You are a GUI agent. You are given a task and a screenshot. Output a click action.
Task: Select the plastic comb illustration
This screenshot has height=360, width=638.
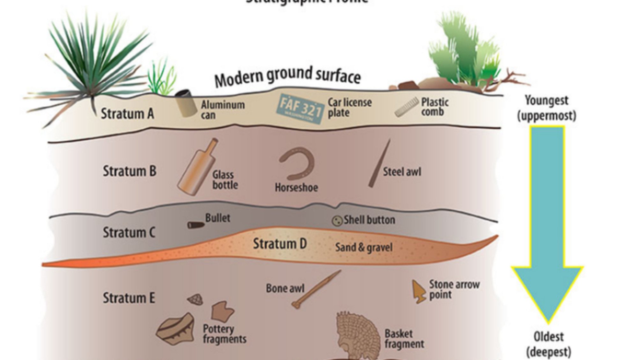pos(406,107)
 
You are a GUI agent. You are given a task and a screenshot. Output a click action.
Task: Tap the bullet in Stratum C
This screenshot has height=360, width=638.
pos(196,225)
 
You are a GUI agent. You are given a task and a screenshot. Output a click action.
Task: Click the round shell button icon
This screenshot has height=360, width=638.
pos(337,221)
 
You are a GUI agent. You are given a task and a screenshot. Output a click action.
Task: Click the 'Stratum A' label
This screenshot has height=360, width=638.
pos(127,114)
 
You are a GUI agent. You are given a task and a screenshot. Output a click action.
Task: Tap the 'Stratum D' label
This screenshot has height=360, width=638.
pos(280,244)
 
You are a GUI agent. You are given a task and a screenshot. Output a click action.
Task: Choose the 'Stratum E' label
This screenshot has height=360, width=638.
pos(129,298)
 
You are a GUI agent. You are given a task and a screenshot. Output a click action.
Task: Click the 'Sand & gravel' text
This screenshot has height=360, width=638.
pos(364,247)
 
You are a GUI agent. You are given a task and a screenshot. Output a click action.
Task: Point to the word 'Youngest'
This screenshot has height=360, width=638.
pos(546,101)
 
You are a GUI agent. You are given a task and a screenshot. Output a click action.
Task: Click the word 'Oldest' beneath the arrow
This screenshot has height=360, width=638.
pos(549,337)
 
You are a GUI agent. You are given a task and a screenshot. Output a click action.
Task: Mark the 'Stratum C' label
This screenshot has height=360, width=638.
pos(129,232)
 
